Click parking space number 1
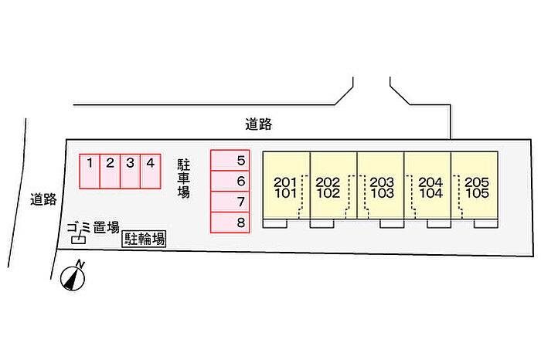point(90,171)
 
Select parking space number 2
point(111,171)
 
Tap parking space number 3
point(131,171)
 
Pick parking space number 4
point(151,171)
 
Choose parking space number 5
point(230,160)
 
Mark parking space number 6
point(230,181)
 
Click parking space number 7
point(230,202)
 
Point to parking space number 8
point(230,222)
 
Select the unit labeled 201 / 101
point(286,187)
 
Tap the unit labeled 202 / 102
point(329,187)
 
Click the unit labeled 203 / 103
point(382,187)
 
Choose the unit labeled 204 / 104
point(430,187)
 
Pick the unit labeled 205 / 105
point(477,187)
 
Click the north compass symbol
point(74,277)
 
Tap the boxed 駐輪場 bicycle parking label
point(144,240)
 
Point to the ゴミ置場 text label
point(93,227)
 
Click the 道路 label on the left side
point(44,199)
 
